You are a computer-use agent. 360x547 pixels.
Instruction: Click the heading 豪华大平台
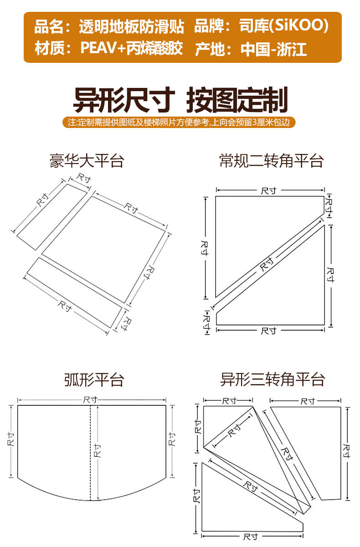[87, 161]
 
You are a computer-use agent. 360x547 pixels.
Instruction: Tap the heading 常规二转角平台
[271, 161]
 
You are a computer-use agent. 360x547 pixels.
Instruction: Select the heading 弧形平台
[94, 379]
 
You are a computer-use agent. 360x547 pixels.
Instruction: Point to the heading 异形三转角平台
[272, 379]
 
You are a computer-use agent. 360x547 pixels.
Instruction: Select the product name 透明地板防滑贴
[131, 26]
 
